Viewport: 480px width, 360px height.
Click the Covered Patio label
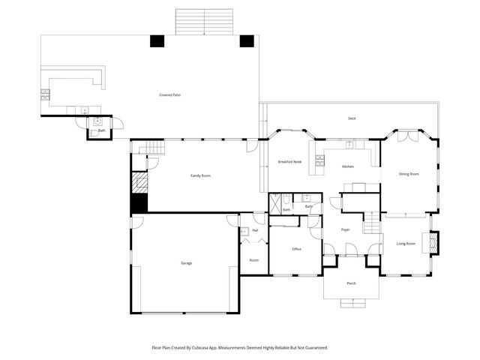point(170,95)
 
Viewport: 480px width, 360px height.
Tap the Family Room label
point(200,175)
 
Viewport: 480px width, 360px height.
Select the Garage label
point(186,263)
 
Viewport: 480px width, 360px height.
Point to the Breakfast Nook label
point(289,162)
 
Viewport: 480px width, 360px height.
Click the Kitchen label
point(348,166)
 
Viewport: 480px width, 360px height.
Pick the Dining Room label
point(409,174)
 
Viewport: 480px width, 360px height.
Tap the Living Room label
point(406,244)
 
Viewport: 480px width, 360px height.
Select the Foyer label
point(346,229)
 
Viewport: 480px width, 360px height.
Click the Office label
point(296,248)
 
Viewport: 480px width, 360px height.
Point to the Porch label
point(351,283)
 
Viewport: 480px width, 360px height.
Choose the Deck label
point(352,118)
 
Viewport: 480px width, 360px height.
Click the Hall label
point(255,230)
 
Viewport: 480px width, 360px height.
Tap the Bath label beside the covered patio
point(101,130)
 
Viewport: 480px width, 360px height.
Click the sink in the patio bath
point(97,121)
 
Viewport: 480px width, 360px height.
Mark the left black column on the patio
point(157,41)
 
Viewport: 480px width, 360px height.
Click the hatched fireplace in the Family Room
point(139,183)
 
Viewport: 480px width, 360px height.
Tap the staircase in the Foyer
point(370,223)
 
